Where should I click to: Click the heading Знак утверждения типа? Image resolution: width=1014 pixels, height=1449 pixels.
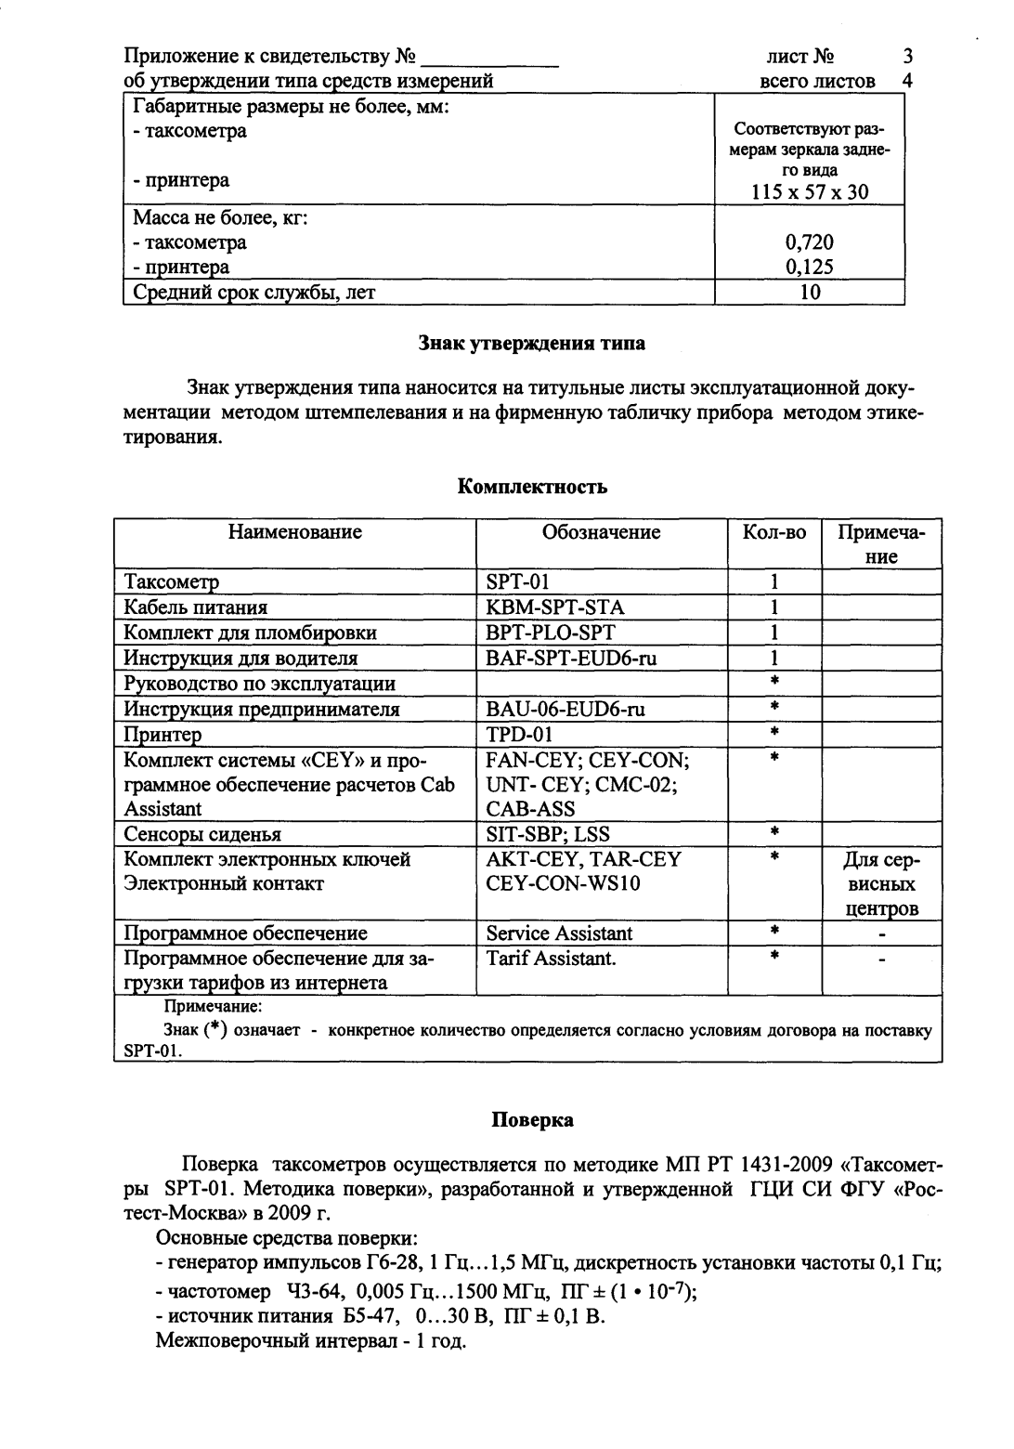(x=532, y=344)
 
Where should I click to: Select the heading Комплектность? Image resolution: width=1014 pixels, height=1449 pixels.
(x=533, y=487)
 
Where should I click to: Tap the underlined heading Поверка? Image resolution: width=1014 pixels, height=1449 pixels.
(x=532, y=1120)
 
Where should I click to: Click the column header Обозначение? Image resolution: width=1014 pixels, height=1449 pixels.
(x=601, y=532)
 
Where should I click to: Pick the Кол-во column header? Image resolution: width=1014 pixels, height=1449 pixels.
(x=774, y=532)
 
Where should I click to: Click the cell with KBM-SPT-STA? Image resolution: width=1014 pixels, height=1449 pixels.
(x=555, y=607)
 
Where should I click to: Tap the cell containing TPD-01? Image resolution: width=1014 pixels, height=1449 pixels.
(x=519, y=735)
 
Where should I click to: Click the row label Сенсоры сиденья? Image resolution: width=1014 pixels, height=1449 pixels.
(x=202, y=834)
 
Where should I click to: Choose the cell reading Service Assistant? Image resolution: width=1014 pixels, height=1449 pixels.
(x=559, y=933)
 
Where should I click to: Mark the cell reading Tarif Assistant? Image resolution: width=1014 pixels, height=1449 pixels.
(x=551, y=959)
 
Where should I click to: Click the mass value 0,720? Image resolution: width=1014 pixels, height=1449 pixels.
(x=809, y=243)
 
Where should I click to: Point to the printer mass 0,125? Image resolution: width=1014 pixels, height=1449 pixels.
(x=809, y=268)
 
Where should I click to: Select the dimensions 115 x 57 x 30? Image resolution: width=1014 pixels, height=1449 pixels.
(x=809, y=193)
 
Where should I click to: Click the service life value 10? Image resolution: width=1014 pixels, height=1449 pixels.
(x=809, y=293)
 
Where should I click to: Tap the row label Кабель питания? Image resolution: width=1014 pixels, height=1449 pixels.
(x=196, y=607)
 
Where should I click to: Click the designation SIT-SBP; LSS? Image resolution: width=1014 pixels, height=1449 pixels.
(x=548, y=834)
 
